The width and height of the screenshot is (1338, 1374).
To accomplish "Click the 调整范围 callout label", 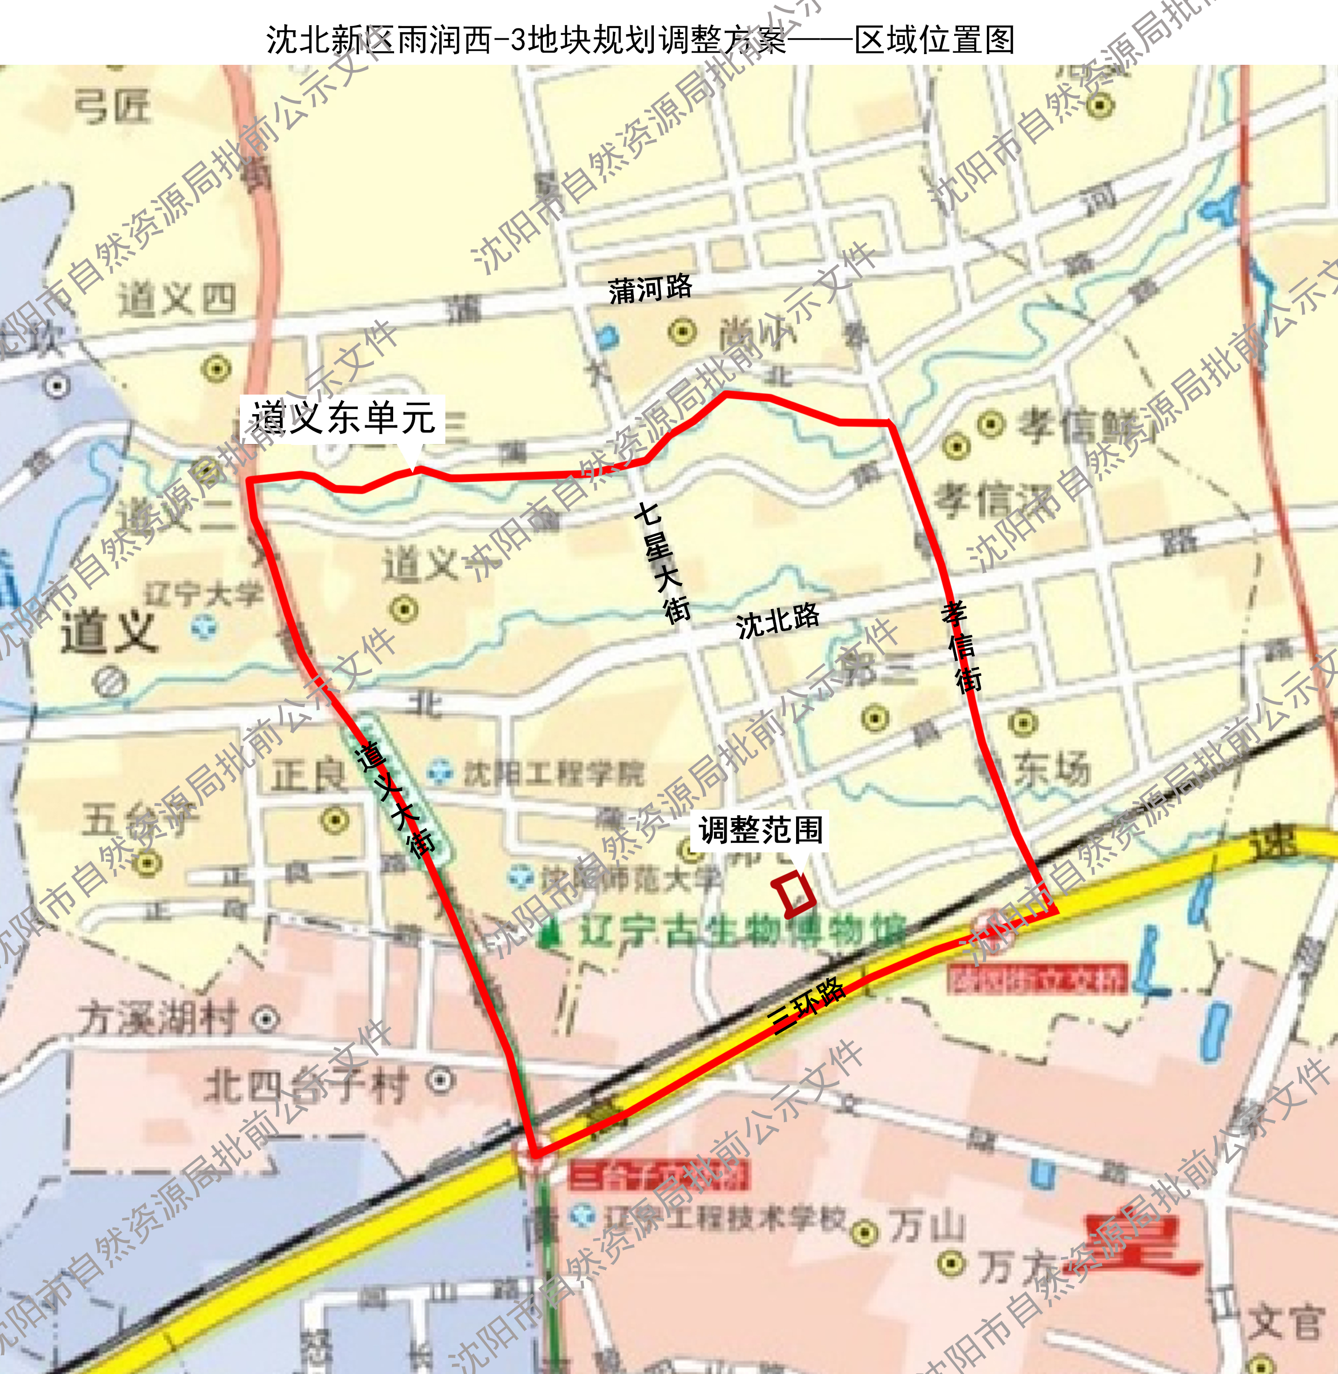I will [x=760, y=831].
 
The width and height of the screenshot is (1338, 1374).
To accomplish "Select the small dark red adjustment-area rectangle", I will [x=793, y=894].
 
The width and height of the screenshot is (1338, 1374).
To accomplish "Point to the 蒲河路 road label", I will [x=650, y=289].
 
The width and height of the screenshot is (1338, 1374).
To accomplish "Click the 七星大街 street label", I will [x=662, y=562].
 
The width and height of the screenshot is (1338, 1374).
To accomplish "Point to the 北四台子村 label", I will [x=305, y=1086].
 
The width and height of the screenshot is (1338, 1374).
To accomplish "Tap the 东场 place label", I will [x=1052, y=769].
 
